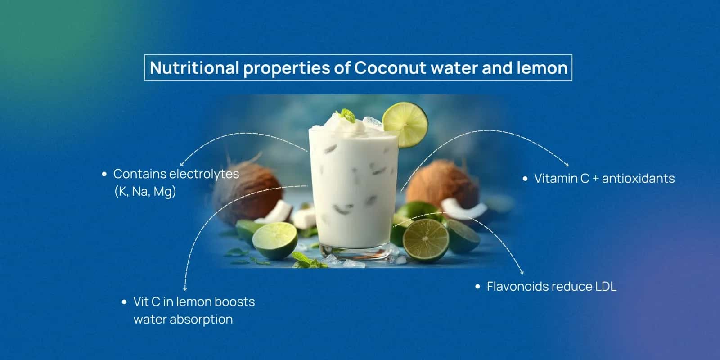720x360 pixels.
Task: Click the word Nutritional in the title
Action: click(x=194, y=68)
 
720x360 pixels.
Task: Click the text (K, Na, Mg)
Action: click(x=145, y=192)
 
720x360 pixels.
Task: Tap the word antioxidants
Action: click(x=638, y=179)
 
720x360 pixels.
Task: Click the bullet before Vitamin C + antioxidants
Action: click(x=525, y=179)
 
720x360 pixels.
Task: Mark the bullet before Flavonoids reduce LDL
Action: click(x=478, y=287)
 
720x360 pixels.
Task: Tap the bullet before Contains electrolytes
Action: click(x=104, y=174)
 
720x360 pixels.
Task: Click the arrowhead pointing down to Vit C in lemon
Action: click(x=185, y=288)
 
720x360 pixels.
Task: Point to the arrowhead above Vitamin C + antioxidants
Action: click(x=567, y=164)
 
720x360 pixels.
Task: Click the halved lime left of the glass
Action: click(x=274, y=240)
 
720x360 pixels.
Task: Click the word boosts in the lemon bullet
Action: click(x=234, y=301)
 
